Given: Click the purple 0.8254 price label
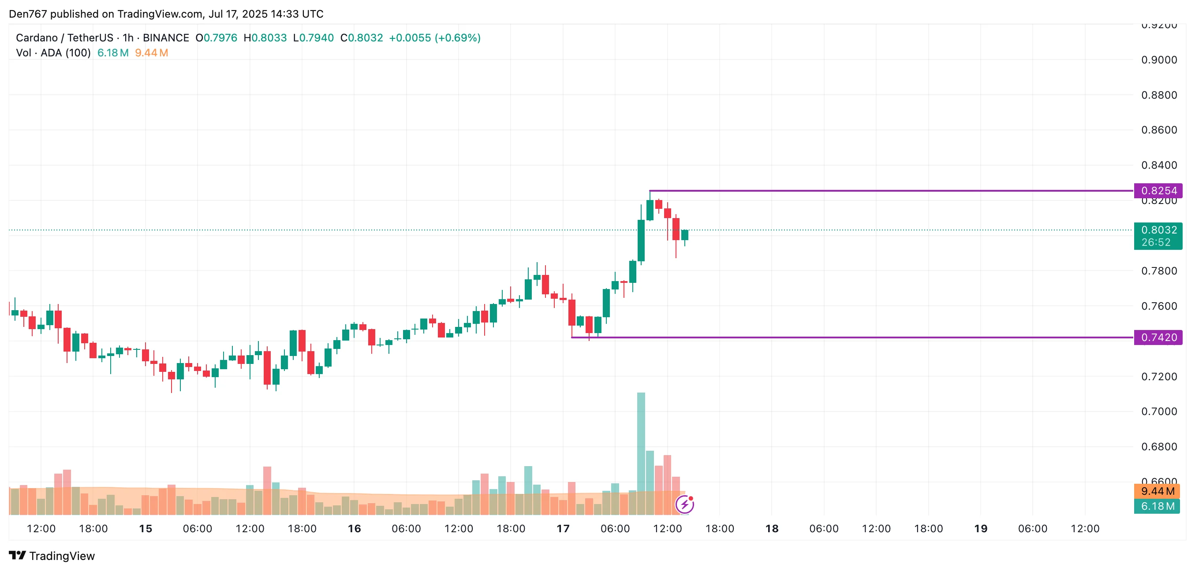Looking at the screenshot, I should pos(1158,190).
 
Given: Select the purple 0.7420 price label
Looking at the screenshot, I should pos(1158,337).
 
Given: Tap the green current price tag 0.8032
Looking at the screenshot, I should pos(1158,230).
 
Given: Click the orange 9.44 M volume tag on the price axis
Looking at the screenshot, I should pos(1157,491).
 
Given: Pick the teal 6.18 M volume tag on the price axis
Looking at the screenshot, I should pos(1157,506).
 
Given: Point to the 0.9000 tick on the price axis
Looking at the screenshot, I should pos(1159,60).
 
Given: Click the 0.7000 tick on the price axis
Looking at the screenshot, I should pos(1159,411).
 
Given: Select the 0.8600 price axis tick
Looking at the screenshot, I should pos(1159,130).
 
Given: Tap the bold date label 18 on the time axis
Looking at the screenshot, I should pos(772,528).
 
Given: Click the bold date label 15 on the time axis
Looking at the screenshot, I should pos(145,528).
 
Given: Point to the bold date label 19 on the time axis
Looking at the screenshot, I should pos(980,528).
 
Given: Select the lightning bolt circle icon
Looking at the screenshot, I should pos(685,504).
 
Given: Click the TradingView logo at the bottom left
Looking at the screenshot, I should pos(52,556).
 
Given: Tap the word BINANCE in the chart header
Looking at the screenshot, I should pos(166,37).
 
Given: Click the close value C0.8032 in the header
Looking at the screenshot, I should pos(362,37).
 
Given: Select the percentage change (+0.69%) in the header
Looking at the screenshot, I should pos(457,37).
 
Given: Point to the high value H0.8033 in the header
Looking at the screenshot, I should pos(265,37).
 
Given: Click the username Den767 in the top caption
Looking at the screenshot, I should pos(28,14).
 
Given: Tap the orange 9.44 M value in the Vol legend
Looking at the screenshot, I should pos(151,53).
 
